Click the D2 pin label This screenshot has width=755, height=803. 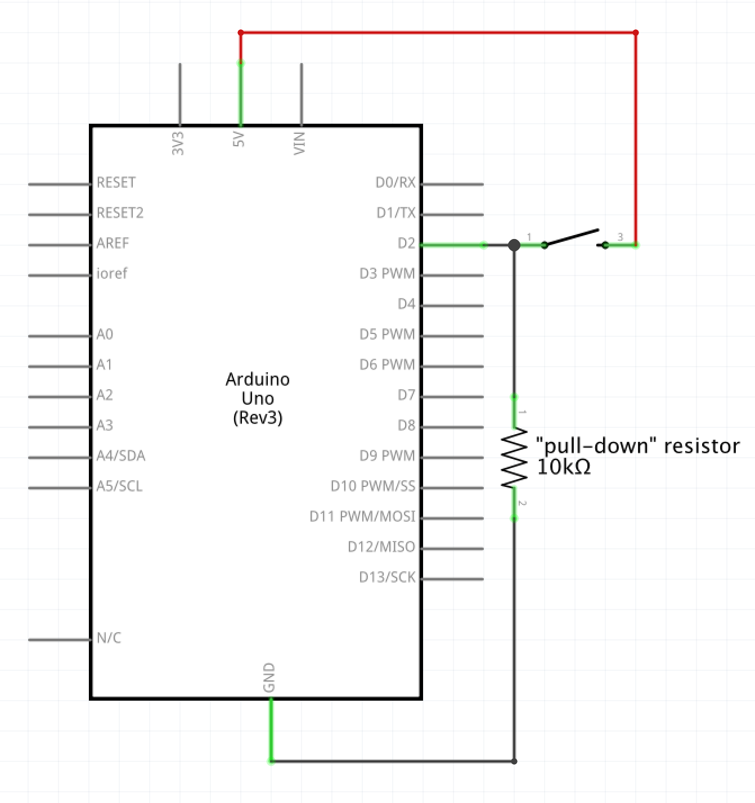(406, 243)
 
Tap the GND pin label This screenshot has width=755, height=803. (269, 677)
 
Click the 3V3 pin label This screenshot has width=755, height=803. (178, 143)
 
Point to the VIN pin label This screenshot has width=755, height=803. (299, 143)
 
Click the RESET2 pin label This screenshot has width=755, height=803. (120, 213)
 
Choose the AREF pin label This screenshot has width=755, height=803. (113, 243)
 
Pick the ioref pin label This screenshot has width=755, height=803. (111, 274)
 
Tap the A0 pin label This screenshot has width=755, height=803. (105, 335)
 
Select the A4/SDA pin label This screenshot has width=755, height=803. (120, 456)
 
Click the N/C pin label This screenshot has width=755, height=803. (109, 638)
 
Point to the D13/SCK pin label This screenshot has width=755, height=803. (387, 578)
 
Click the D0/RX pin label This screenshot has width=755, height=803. (395, 183)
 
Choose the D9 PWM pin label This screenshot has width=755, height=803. (387, 456)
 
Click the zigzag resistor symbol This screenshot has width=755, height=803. (514, 458)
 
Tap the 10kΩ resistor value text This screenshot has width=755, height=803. (564, 467)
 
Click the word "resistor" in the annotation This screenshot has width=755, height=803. (702, 446)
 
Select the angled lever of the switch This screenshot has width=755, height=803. (571, 237)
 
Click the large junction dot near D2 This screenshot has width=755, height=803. (514, 245)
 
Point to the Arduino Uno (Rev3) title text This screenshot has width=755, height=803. (258, 399)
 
